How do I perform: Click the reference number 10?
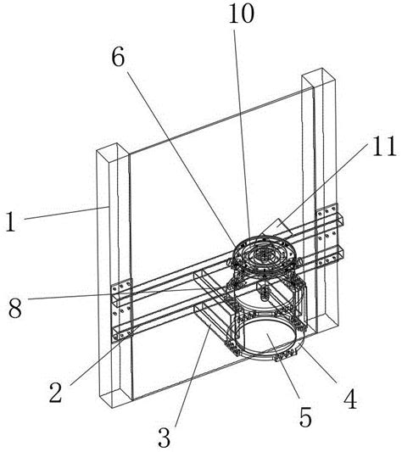tap(242, 14)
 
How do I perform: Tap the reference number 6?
tap(118, 57)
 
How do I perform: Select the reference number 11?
tap(384, 147)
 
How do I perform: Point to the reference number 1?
tap(11, 221)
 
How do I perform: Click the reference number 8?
tap(15, 308)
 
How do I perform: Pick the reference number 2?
tap(56, 393)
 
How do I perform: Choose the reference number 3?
tap(165, 437)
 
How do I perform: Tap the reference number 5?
tap(305, 417)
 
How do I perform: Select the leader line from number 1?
tap(67, 213)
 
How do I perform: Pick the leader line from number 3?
tap(193, 375)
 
